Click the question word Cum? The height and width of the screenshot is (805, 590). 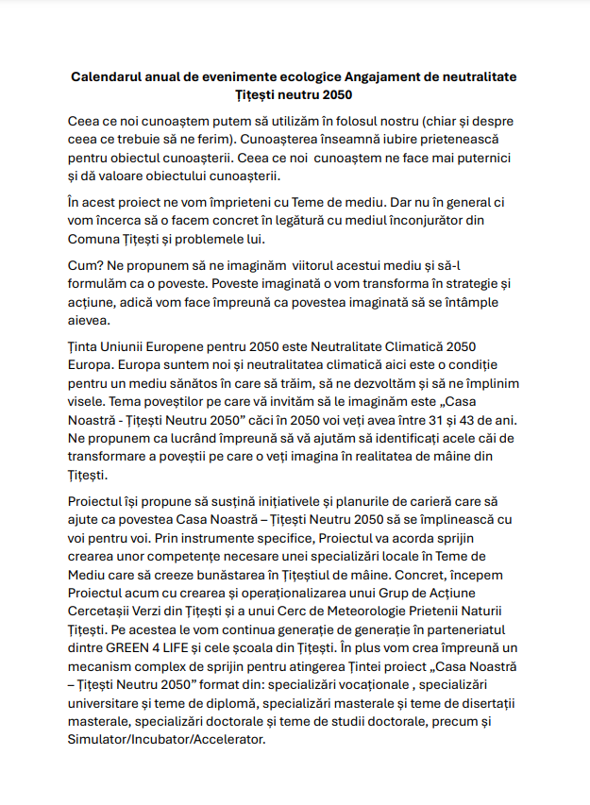(x=85, y=266)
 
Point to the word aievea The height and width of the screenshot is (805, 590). (x=91, y=319)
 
